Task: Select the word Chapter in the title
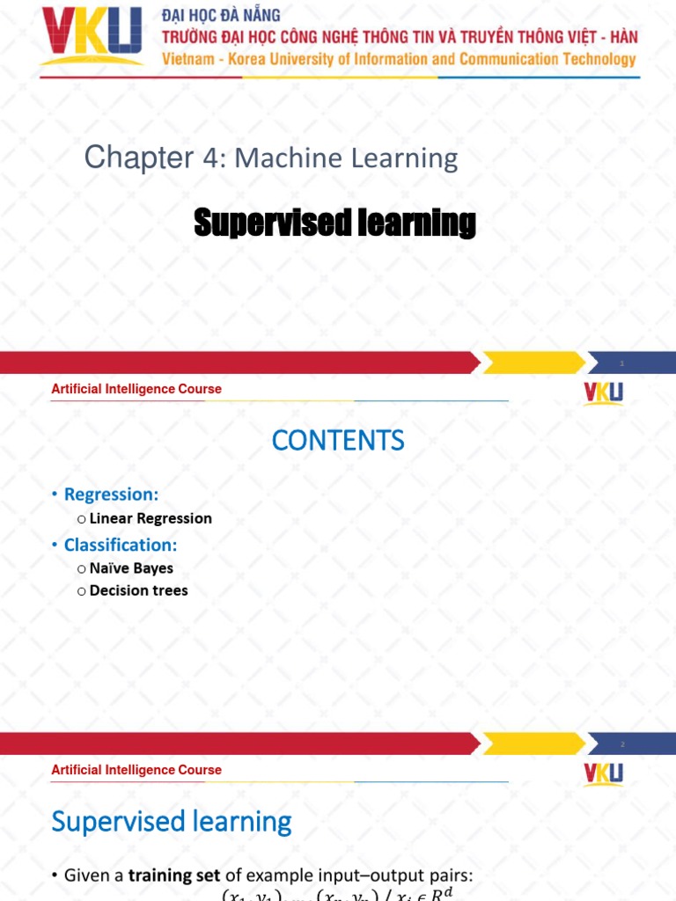coord(138,158)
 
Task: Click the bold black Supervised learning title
coord(334,223)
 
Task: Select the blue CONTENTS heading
coord(338,441)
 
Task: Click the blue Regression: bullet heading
coord(111,494)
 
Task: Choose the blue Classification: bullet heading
coord(121,545)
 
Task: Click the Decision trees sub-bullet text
coord(138,590)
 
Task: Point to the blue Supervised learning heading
coord(172,822)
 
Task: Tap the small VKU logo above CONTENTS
coord(603,392)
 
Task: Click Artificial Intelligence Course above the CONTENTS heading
coord(136,389)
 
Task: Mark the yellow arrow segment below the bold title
coord(533,363)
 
